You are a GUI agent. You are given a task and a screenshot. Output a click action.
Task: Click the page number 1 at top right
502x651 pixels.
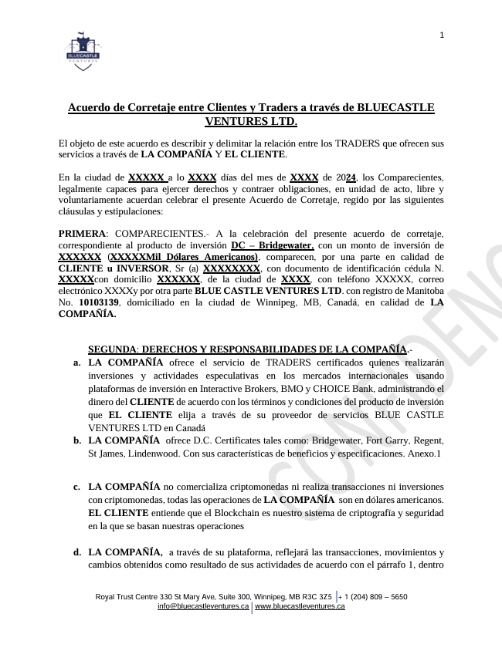pos(443,35)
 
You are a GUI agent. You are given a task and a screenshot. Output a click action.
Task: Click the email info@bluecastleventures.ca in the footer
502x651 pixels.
pos(203,607)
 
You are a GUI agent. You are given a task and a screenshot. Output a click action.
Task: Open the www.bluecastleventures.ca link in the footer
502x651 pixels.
pos(300,607)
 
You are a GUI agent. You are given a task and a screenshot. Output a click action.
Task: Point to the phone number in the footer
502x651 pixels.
pos(376,597)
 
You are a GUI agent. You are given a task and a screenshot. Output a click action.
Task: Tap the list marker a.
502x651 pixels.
pos(77,363)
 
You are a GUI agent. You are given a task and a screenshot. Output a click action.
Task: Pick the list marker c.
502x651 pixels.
pos(77,487)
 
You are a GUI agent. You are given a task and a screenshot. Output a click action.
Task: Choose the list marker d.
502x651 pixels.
pos(77,552)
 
